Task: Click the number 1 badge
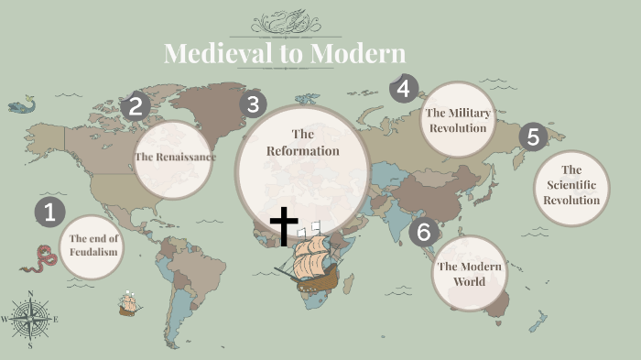pyautogui.click(x=49, y=213)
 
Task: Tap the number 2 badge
pyautogui.click(x=136, y=106)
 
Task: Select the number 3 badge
pyautogui.click(x=253, y=104)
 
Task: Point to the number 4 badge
pyautogui.click(x=404, y=89)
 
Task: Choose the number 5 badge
pyautogui.click(x=533, y=137)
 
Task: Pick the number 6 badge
pyautogui.click(x=422, y=232)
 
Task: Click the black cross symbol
pyautogui.click(x=285, y=225)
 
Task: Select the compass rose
pyautogui.click(x=30, y=320)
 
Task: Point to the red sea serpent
pyautogui.click(x=38, y=257)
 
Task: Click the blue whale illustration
pyautogui.click(x=20, y=106)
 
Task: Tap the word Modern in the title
pyautogui.click(x=357, y=53)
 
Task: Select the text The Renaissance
pyautogui.click(x=175, y=157)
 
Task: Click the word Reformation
pyautogui.click(x=303, y=150)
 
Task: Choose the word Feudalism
pyautogui.click(x=94, y=251)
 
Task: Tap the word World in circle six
pyautogui.click(x=470, y=281)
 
